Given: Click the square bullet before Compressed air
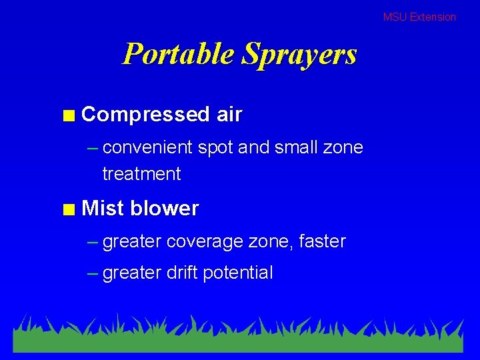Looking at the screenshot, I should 68,115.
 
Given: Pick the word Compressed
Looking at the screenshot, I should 145,115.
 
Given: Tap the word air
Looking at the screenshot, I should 229,115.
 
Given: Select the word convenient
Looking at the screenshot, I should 147,147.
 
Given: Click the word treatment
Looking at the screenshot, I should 141,174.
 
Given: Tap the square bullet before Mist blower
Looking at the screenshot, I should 68,209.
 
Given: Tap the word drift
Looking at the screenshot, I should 181,273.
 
